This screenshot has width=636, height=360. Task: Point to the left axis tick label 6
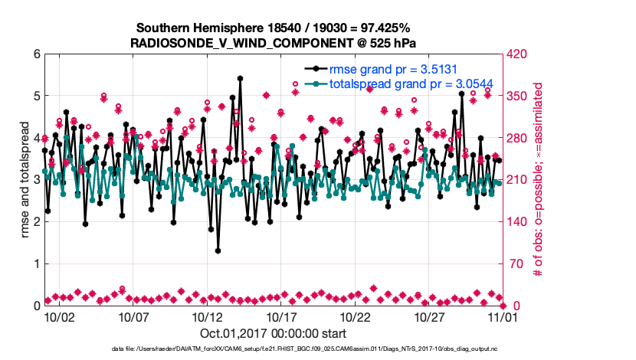coord(35,54)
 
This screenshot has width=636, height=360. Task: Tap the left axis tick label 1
coord(35,263)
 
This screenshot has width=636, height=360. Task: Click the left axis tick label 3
coord(35,180)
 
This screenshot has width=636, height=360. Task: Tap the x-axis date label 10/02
coord(59,317)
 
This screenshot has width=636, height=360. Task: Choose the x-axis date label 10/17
coord(281,317)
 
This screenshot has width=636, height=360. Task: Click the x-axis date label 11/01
coord(503,317)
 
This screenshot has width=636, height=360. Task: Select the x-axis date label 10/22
coord(356,317)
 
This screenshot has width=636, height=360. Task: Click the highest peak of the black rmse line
coord(240,78)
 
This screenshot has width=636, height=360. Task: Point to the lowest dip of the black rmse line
coord(218,250)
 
